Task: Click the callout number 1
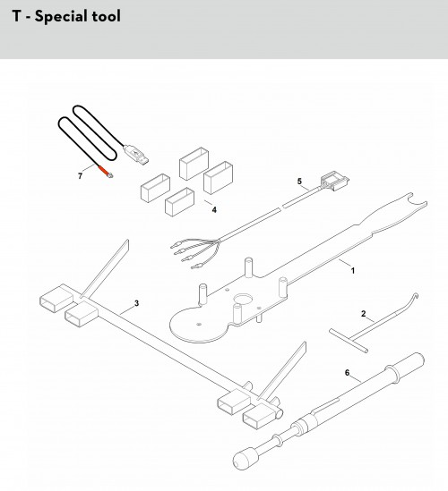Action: (x=353, y=271)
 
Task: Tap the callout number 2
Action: (x=363, y=313)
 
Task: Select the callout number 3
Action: (x=136, y=303)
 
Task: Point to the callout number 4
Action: (x=214, y=210)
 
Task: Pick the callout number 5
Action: (x=299, y=182)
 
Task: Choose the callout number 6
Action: (x=347, y=373)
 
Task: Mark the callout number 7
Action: (x=80, y=176)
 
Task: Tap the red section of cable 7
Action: (x=103, y=170)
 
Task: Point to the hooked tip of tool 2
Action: (x=416, y=296)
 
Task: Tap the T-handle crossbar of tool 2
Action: (x=349, y=341)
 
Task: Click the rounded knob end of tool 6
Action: (x=246, y=459)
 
